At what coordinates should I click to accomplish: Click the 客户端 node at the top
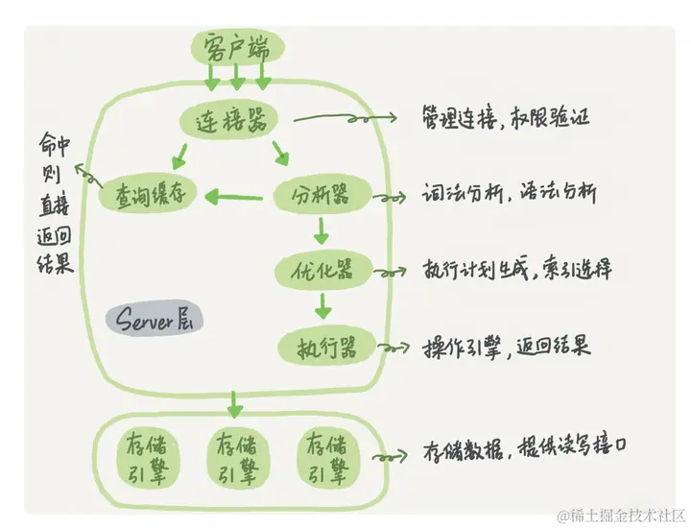pyautogui.click(x=236, y=47)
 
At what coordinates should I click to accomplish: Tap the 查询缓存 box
pyautogui.click(x=148, y=195)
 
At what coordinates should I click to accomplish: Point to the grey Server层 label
pyautogui.click(x=154, y=320)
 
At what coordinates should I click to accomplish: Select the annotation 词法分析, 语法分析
pyautogui.click(x=509, y=194)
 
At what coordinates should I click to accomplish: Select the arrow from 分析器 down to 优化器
pyautogui.click(x=322, y=230)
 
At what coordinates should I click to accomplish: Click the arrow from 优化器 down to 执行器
pyautogui.click(x=322, y=305)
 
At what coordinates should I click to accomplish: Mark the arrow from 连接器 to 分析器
pyautogui.click(x=280, y=152)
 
